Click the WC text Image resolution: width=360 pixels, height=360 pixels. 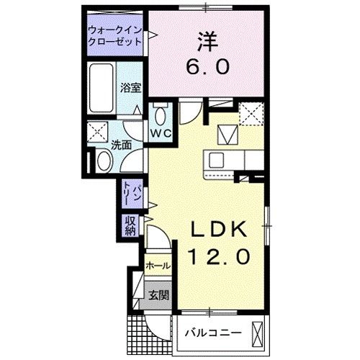(159, 133)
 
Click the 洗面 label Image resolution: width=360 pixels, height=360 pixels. (121, 144)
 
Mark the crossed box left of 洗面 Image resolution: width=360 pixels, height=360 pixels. (96, 132)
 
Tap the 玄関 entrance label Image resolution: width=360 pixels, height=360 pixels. (158, 294)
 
